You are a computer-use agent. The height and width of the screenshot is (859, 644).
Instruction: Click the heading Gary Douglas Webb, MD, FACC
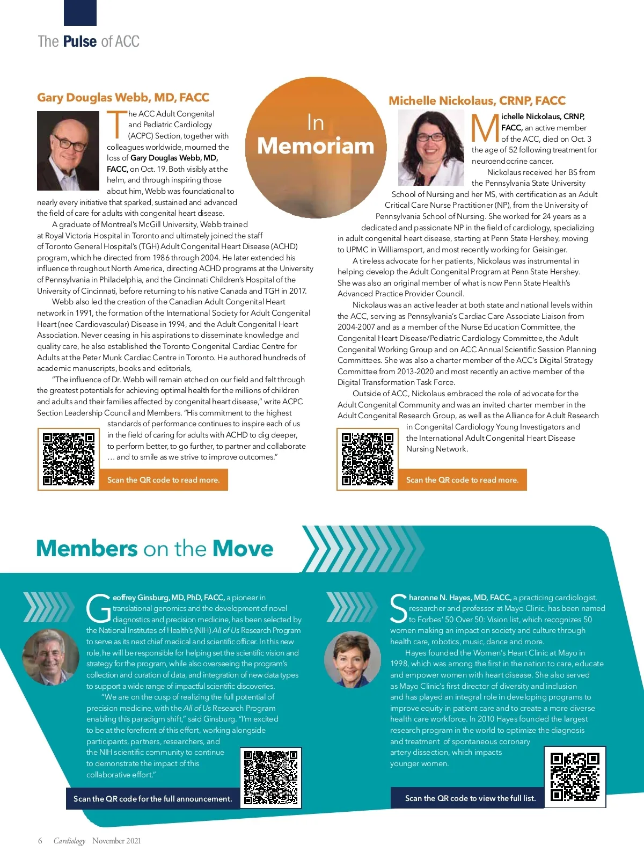pos(123,97)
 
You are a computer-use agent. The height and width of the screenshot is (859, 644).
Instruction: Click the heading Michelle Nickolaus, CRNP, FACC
pos(477,100)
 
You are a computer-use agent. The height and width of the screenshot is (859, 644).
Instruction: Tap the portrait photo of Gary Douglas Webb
pos(68,151)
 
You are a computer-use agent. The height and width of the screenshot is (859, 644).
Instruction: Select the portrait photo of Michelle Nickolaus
pos(431,148)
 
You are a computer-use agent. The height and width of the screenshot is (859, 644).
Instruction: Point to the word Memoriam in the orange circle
pos(316,146)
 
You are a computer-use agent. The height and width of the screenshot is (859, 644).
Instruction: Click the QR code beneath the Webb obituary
pos(69,459)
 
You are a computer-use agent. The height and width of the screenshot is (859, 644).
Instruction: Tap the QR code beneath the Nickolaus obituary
pos(368,459)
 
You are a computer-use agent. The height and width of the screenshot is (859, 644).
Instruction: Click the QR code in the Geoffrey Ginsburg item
pos(270,777)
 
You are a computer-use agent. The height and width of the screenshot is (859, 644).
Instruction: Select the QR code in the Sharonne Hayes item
pos(575,776)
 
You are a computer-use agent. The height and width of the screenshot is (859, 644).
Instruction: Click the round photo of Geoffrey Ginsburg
pos(50,656)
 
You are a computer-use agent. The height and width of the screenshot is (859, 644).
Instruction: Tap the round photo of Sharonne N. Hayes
pos(353,659)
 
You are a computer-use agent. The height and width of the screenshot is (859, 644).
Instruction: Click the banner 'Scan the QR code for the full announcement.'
pos(153,798)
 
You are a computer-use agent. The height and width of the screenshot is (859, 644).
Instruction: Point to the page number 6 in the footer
pos(40,841)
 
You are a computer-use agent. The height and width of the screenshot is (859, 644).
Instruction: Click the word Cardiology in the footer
pos(69,841)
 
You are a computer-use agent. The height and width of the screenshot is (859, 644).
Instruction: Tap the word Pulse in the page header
pos(80,41)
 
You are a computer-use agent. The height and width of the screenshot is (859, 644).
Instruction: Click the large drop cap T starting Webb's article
pos(116,124)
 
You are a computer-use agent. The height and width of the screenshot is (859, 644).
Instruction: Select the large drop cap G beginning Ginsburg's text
pos(99,609)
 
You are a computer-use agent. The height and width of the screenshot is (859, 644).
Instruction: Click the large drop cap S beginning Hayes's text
pos(399,609)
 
